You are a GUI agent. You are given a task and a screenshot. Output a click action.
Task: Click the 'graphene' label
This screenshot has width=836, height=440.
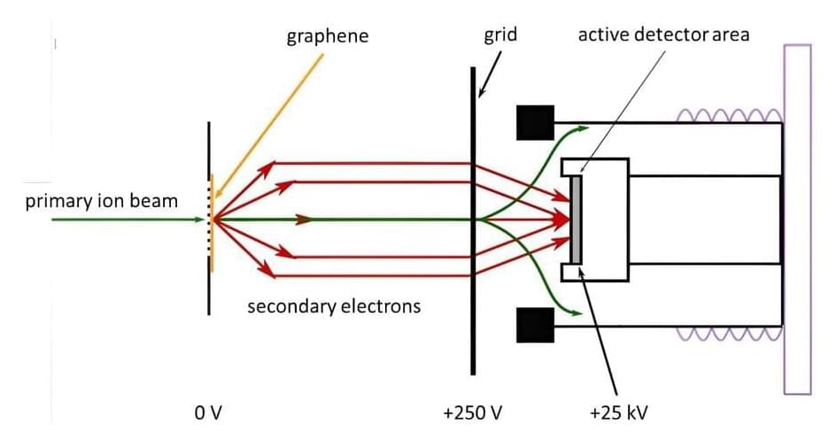click(327, 36)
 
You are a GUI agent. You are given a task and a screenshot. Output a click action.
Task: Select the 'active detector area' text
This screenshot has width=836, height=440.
click(662, 35)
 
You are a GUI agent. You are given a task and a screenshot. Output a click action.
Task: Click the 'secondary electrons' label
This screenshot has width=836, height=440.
click(334, 307)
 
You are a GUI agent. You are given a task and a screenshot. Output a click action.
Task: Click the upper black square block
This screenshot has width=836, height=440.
click(535, 122)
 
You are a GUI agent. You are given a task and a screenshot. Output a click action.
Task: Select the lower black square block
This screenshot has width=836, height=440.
click(535, 325)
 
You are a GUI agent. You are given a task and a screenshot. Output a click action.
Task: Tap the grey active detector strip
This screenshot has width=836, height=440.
click(577, 219)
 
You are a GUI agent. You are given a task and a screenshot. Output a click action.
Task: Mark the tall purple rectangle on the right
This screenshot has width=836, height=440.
click(797, 219)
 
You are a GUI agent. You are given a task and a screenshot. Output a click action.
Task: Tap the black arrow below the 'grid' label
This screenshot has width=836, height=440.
click(490, 74)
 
